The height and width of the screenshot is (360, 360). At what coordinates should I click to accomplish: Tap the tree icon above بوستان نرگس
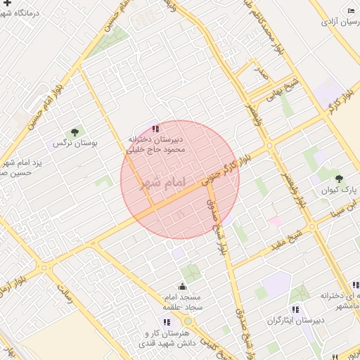[74, 131]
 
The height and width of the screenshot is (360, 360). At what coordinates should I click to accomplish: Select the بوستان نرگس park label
[75, 143]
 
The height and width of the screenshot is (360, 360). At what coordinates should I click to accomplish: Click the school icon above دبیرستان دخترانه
[155, 129]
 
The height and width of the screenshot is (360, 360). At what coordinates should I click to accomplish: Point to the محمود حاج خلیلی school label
[155, 149]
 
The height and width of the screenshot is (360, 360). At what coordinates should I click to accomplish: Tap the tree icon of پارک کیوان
[340, 179]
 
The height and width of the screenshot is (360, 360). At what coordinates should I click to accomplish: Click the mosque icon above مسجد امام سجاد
[183, 286]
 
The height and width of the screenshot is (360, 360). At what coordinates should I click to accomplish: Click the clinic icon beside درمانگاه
[6, 3]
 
